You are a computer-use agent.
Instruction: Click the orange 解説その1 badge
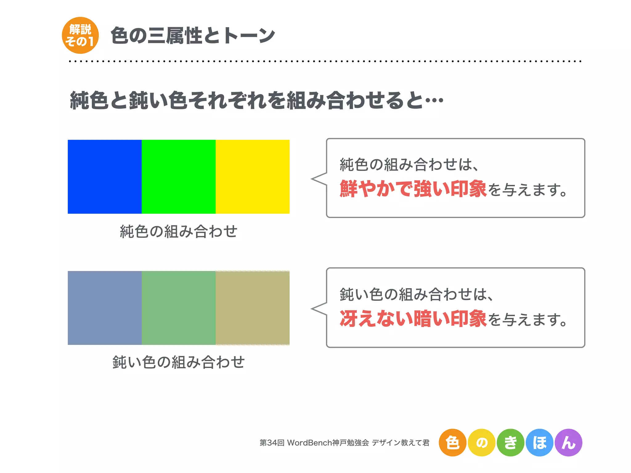pyautogui.click(x=80, y=35)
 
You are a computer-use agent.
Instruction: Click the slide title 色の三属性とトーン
pyautogui.click(x=193, y=36)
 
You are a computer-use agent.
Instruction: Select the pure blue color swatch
pyautogui.click(x=105, y=177)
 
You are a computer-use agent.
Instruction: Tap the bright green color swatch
pyautogui.click(x=179, y=177)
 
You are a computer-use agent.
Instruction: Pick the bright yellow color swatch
pyautogui.click(x=253, y=177)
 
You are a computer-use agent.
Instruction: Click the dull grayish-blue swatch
pyautogui.click(x=105, y=308)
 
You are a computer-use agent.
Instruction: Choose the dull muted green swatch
pyautogui.click(x=179, y=308)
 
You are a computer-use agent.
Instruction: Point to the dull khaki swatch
pyautogui.click(x=253, y=308)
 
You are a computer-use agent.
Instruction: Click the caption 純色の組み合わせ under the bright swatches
pyautogui.click(x=179, y=232)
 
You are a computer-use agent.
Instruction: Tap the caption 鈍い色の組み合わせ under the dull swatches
pyautogui.click(x=179, y=362)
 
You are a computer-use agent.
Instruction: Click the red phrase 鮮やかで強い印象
pyautogui.click(x=413, y=189)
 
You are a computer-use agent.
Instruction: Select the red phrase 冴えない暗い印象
pyautogui.click(x=413, y=319)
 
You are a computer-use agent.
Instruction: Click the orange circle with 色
pyautogui.click(x=452, y=443)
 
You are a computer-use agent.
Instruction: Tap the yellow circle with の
pyautogui.click(x=482, y=443)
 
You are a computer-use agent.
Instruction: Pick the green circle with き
pyautogui.click(x=511, y=443)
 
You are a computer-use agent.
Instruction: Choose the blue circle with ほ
pyautogui.click(x=539, y=443)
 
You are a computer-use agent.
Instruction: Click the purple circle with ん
pyautogui.click(x=568, y=443)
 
